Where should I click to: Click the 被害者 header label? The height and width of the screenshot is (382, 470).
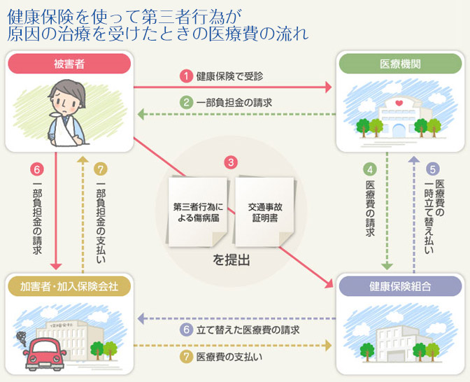point(69,64)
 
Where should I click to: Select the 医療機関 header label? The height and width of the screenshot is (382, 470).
point(399,64)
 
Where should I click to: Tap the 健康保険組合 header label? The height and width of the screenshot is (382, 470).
point(399,286)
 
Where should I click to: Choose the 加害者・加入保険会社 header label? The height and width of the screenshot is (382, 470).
point(69,286)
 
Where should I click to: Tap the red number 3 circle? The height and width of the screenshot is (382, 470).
point(231,162)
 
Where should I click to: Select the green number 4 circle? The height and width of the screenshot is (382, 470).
point(371,169)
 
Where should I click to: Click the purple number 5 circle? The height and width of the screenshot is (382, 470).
point(433,169)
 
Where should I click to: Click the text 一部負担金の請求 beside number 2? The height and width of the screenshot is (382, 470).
point(234,102)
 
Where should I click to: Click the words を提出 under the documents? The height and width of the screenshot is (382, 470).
point(231,260)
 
